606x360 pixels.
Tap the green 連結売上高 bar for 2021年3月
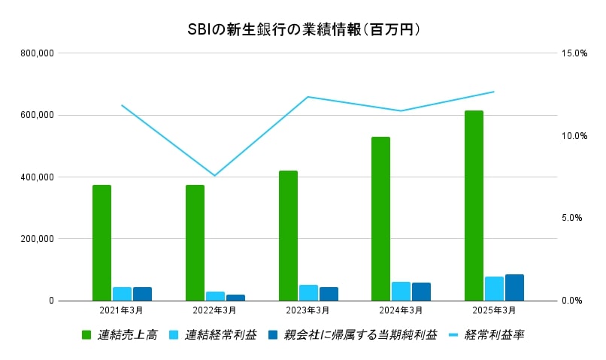point(102,243)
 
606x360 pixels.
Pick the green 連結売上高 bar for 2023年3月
point(288,235)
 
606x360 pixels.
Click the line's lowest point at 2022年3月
point(215,176)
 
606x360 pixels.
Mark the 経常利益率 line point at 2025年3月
point(494,92)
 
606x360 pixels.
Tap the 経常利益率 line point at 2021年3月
point(122,105)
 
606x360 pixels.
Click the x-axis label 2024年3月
point(401,310)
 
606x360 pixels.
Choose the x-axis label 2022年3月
point(215,310)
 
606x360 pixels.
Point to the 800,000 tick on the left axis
point(36,53)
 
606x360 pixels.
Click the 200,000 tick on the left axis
point(36,239)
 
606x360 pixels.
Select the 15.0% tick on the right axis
point(574,53)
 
